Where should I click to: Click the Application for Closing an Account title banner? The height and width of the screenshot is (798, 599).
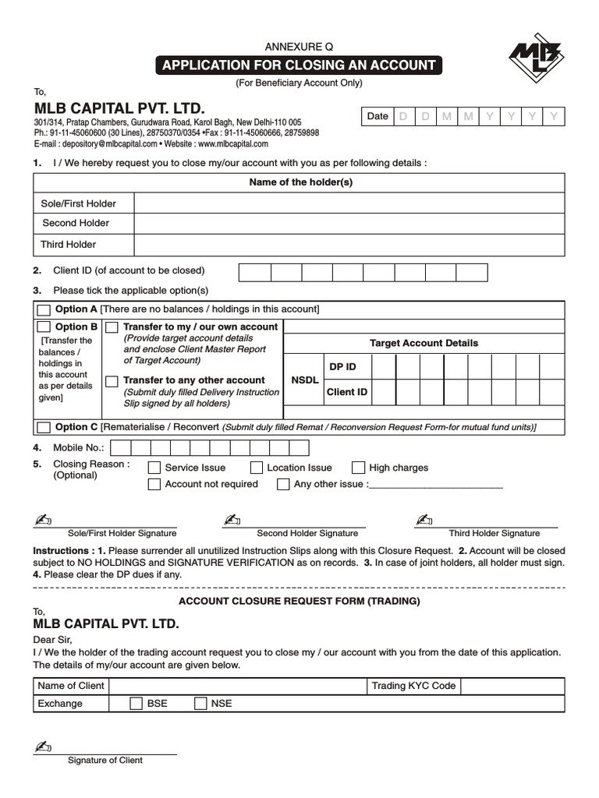click(299, 65)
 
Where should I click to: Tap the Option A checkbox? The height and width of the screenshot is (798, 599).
click(44, 309)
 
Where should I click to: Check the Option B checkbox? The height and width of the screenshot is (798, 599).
click(44, 327)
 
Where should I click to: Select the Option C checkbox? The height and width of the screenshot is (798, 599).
click(44, 427)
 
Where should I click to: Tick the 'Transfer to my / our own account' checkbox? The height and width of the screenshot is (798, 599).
click(112, 327)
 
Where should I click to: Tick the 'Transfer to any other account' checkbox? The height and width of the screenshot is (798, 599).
click(112, 381)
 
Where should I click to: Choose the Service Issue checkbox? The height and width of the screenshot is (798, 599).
click(154, 468)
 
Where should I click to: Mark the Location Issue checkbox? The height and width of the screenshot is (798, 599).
click(257, 468)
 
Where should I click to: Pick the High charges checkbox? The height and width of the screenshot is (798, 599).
click(358, 468)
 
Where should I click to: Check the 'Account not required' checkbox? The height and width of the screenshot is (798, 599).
click(154, 485)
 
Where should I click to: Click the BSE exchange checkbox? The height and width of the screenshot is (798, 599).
click(136, 704)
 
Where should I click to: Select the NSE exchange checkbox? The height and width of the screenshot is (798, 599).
click(200, 704)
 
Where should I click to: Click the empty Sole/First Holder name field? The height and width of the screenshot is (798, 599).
click(349, 203)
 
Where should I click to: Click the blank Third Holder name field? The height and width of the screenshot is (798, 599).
click(349, 245)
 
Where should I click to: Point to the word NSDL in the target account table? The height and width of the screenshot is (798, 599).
click(304, 380)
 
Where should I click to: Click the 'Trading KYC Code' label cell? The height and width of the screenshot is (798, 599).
click(413, 686)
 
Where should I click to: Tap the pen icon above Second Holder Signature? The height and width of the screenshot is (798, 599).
click(231, 520)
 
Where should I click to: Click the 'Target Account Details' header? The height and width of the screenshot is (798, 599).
click(424, 343)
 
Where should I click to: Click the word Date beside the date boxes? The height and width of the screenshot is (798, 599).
click(377, 116)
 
